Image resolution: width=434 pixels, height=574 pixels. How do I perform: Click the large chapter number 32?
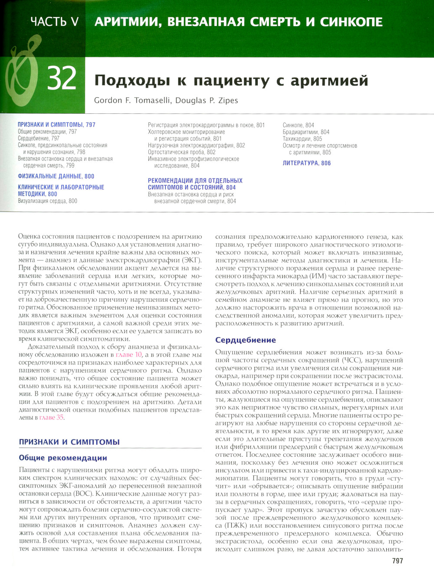[62, 79]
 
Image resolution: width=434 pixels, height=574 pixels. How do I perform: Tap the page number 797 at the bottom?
[397, 561]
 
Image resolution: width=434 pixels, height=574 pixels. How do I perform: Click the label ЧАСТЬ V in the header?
[55, 22]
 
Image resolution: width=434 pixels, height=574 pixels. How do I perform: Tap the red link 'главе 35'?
[51, 417]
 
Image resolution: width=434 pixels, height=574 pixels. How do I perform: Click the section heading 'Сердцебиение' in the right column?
[246, 340]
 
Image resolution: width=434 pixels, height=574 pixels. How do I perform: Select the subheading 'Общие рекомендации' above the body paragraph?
[63, 458]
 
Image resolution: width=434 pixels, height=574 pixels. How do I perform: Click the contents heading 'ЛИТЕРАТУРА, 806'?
[306, 163]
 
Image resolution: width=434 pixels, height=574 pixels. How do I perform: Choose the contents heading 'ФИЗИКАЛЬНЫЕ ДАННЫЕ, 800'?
[56, 176]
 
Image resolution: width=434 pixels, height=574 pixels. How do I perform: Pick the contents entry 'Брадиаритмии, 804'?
[306, 132]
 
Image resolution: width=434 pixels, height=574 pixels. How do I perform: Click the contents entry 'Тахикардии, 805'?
[302, 139]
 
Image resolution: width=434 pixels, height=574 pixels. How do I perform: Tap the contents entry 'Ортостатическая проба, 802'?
[181, 152]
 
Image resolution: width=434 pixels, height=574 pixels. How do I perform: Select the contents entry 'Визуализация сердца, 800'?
[47, 201]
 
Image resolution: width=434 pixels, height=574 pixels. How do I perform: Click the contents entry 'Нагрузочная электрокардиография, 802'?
[196, 145]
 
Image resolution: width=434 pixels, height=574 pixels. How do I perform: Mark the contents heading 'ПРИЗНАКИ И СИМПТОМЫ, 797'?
[56, 125]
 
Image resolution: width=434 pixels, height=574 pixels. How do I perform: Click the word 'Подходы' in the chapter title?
[132, 81]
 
